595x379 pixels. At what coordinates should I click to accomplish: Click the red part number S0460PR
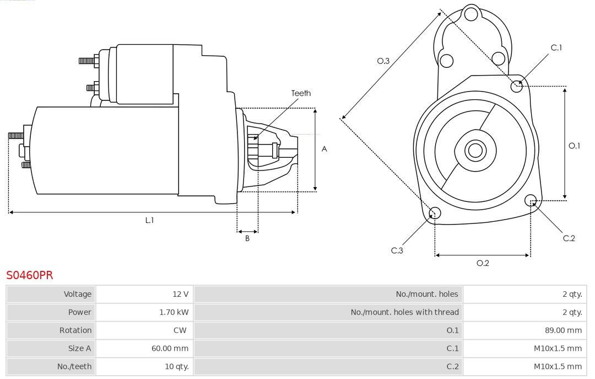[x=30, y=275]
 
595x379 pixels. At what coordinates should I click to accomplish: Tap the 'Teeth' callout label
[x=301, y=93]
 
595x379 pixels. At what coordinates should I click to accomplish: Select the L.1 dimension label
[x=149, y=220]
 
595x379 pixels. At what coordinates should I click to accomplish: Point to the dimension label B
[x=247, y=238]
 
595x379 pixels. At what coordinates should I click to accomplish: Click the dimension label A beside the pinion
[x=324, y=149]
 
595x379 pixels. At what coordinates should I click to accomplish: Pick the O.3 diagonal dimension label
[x=383, y=61]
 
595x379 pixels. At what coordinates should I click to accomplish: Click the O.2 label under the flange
[x=483, y=263]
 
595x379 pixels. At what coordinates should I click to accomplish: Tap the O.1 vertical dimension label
[x=574, y=146]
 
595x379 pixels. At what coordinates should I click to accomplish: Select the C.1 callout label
[x=556, y=47]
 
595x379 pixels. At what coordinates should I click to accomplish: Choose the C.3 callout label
[x=397, y=250]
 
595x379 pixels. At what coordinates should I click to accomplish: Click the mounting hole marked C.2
[x=531, y=200]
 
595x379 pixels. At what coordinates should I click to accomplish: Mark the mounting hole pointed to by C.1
[x=516, y=86]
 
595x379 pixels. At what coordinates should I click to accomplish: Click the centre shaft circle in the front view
[x=475, y=150]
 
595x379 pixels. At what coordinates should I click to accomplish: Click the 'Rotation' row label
[x=75, y=330]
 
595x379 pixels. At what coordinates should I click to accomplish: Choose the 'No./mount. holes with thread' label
[x=404, y=312]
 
